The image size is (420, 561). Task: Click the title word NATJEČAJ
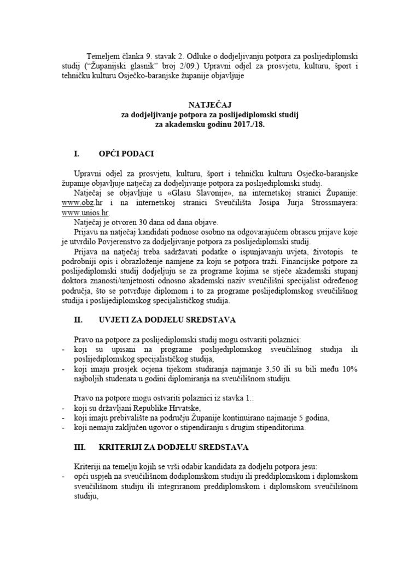[211, 103]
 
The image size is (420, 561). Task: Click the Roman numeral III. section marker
[80, 447]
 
